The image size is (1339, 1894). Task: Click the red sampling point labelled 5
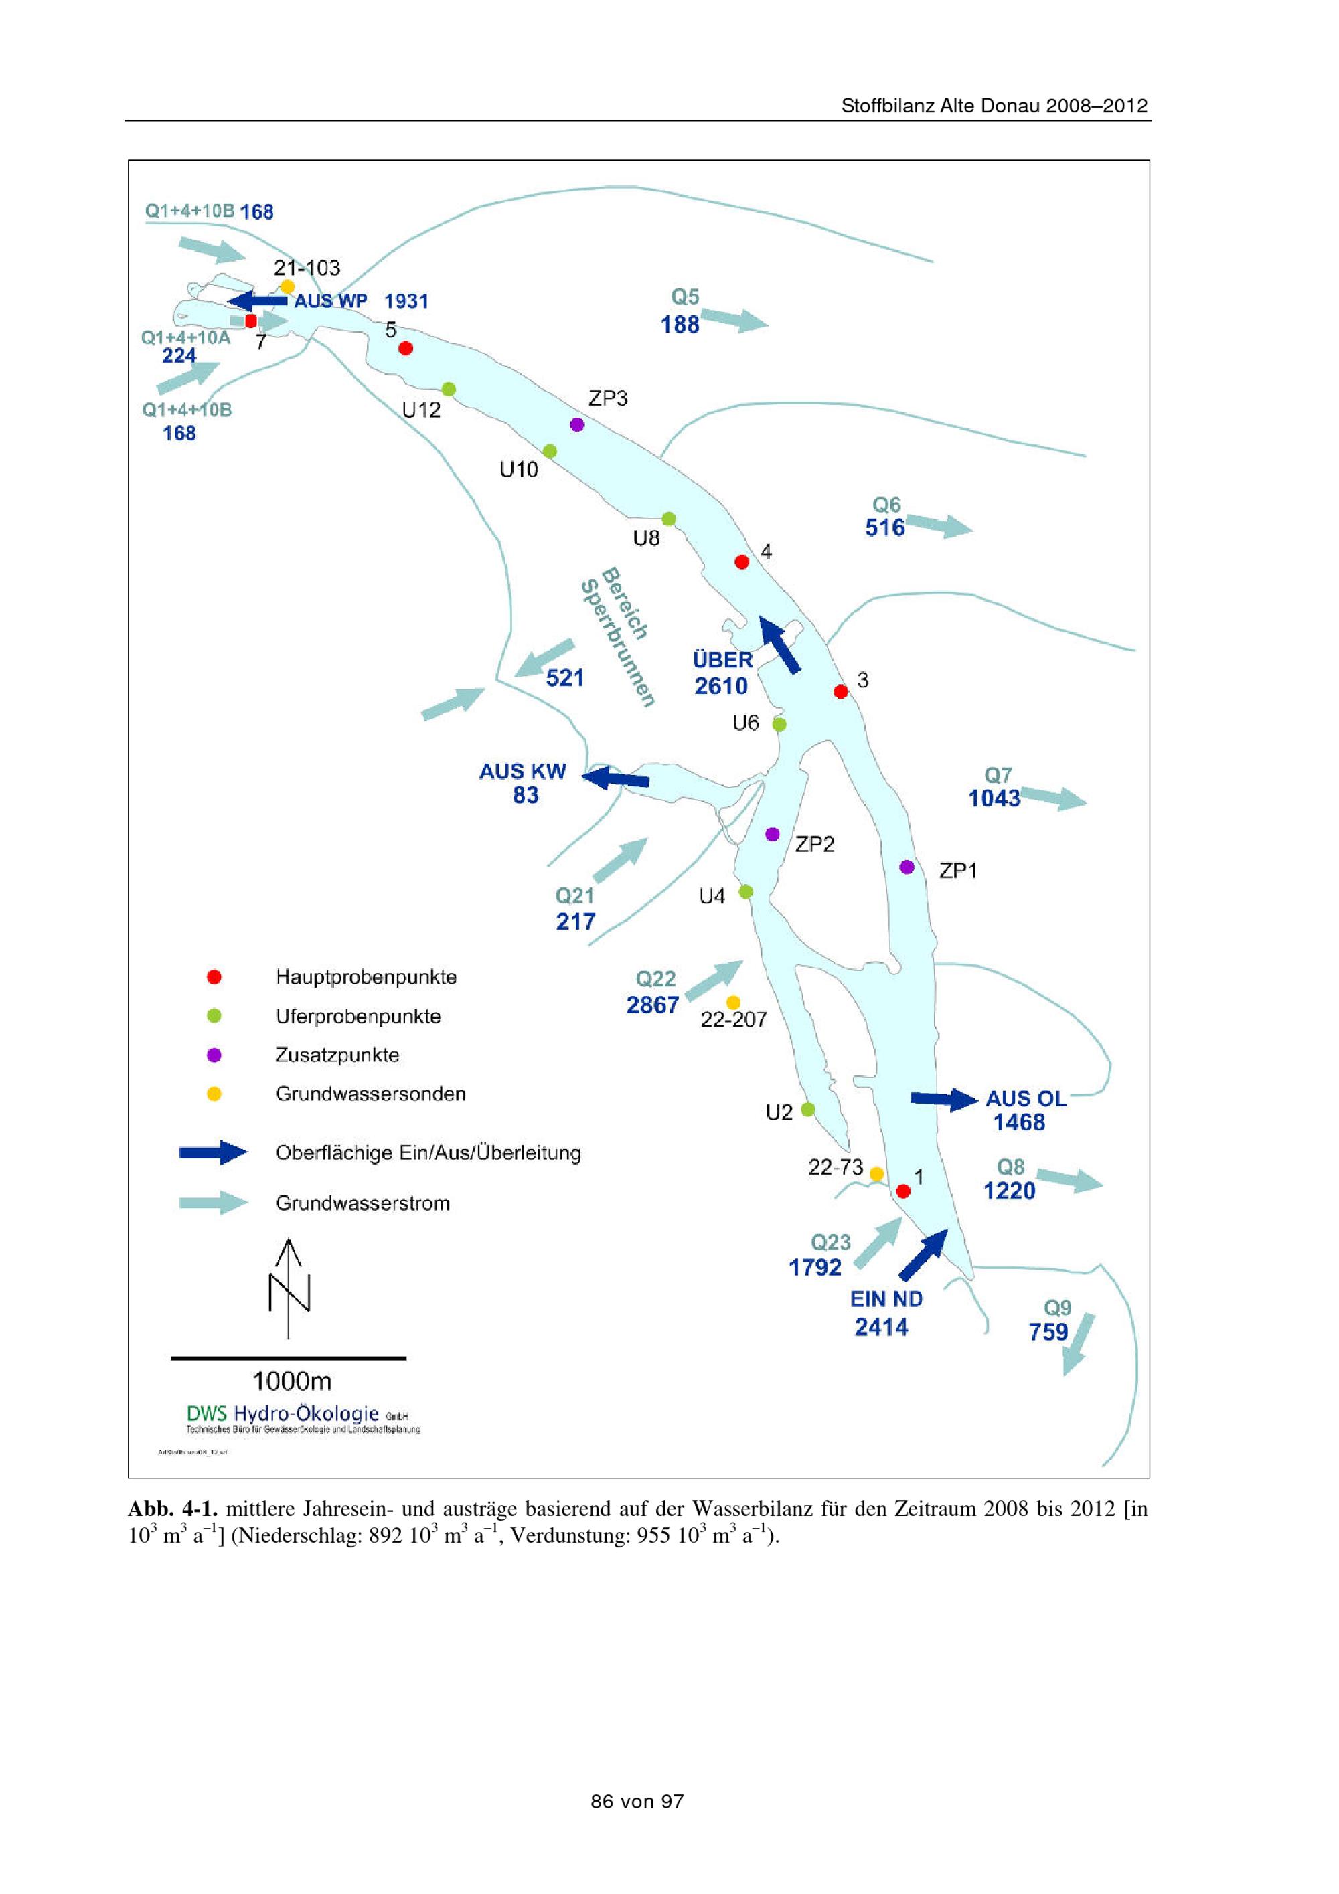point(405,348)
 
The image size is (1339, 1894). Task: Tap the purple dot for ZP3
point(578,424)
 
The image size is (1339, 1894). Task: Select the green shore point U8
point(669,519)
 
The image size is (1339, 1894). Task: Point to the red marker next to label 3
point(841,691)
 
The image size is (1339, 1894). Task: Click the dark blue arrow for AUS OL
point(944,1099)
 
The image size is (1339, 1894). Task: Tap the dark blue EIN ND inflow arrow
point(923,1254)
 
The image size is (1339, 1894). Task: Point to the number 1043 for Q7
point(994,798)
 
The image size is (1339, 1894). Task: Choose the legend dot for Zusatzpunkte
point(214,1055)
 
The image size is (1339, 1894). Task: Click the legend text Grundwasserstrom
point(362,1203)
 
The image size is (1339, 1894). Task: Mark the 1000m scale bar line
point(288,1358)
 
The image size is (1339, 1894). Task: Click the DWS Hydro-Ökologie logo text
point(283,1413)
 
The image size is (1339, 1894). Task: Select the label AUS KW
point(522,771)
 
